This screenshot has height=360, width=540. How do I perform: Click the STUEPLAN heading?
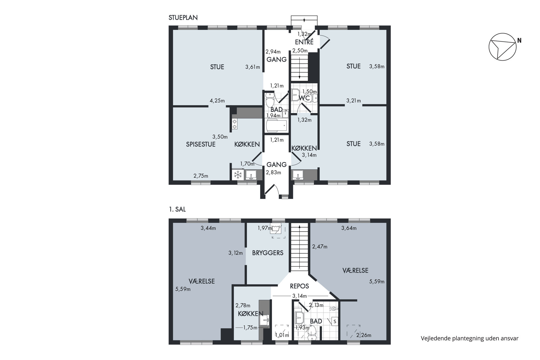183,18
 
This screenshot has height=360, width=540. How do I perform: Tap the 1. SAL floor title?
177,210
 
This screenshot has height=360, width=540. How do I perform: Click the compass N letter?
519,41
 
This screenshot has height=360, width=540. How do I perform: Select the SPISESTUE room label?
201,144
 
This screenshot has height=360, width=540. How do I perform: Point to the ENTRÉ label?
304,42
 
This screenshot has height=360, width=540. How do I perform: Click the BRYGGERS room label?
268,253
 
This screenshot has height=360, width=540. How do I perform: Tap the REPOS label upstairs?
299,286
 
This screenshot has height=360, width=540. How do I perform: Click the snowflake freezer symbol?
238,175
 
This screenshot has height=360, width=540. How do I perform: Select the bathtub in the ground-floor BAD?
277,125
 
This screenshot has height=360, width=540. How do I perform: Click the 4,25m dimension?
217,101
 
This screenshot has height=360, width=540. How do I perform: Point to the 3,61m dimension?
253,67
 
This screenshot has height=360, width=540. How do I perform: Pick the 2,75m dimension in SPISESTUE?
201,176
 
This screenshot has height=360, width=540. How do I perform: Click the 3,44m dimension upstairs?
208,228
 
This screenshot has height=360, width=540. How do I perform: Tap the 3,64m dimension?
349,228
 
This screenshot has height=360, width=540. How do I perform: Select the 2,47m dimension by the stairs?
320,247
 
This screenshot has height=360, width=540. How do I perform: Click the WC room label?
304,98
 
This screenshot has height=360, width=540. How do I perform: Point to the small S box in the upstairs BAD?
335,321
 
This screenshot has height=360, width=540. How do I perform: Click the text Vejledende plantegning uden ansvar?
470,339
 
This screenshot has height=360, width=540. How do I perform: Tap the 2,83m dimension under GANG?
274,172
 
